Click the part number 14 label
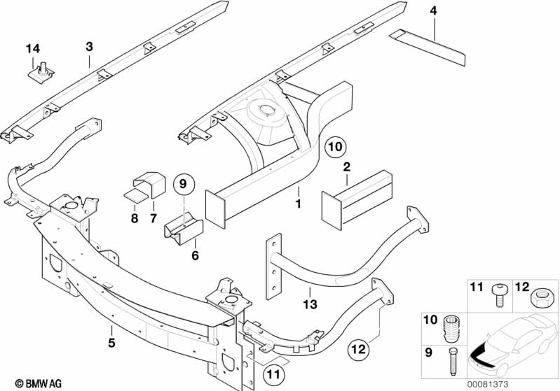pos(34,48)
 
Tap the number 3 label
pos(89,47)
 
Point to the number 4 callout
pos(433,10)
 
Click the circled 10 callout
pos(336,147)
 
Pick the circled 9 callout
pos(183,185)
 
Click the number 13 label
pos(310,304)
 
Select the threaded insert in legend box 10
pos(451,327)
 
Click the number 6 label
pos(195,256)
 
